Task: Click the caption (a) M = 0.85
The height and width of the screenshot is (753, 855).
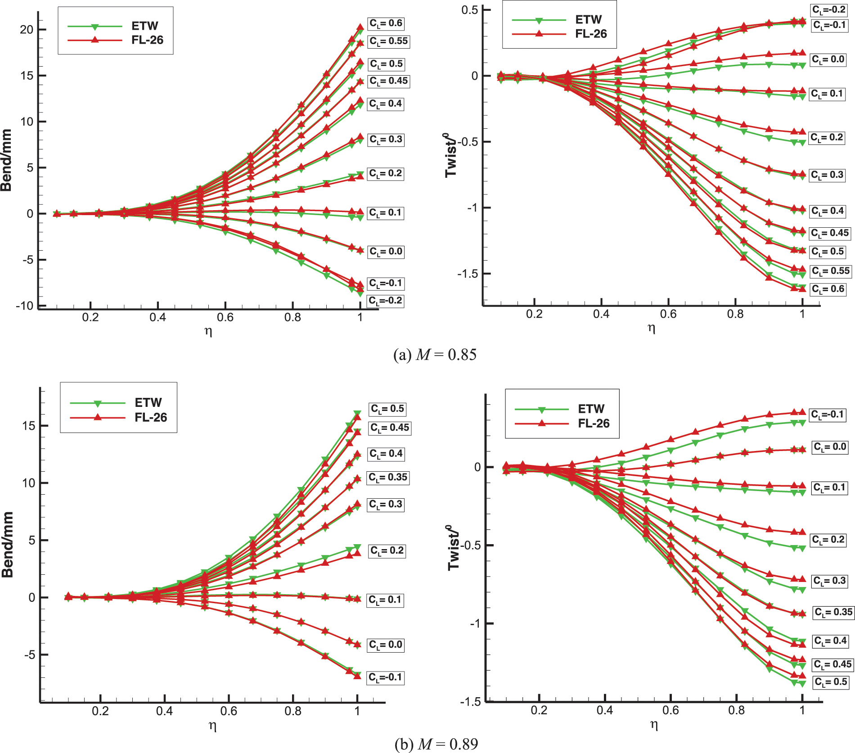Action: coord(435,355)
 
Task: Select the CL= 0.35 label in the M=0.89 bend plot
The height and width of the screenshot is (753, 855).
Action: coord(388,477)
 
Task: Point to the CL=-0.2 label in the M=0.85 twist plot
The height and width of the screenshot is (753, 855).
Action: coord(828,10)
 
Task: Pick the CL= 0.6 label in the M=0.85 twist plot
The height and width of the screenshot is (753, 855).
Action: coord(828,289)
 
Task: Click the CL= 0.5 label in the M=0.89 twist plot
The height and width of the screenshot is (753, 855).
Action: coord(831,682)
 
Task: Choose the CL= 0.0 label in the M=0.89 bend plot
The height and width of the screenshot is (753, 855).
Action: coord(386,645)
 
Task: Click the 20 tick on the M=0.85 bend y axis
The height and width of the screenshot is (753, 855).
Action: coord(27,30)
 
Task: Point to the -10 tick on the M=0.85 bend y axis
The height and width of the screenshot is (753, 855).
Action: coord(25,306)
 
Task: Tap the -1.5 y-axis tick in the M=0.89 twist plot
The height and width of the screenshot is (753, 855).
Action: coord(470,702)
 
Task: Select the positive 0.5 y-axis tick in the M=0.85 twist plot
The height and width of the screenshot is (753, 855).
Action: coord(469,10)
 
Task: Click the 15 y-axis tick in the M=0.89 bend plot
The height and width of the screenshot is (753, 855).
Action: coord(28,426)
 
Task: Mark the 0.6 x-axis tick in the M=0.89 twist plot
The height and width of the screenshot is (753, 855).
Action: coord(670,711)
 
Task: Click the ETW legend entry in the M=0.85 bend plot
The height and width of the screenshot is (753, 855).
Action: coord(144,26)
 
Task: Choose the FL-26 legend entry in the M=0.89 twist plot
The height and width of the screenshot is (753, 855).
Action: coord(594,423)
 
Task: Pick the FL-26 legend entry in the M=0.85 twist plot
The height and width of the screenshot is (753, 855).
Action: coord(591,34)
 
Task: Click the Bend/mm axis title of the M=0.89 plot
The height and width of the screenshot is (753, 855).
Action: coord(8,545)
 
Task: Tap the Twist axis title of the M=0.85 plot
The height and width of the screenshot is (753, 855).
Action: coord(451,155)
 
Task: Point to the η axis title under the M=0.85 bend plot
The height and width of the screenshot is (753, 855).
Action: coord(208,332)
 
